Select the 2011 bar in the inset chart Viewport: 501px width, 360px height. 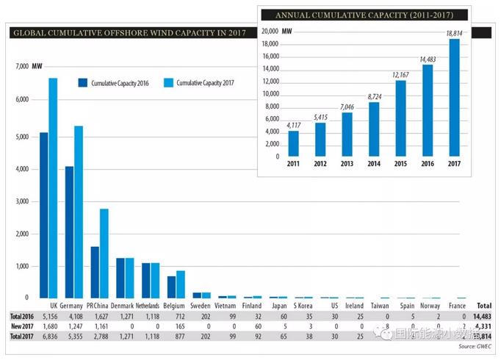click(293, 144)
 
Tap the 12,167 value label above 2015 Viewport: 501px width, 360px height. click(400, 74)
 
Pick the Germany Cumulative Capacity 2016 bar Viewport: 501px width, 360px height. click(69, 231)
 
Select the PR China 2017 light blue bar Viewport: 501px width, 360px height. click(104, 253)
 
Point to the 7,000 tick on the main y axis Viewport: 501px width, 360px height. click(21, 67)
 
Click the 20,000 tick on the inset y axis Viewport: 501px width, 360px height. click(270, 32)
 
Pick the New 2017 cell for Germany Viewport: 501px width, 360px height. click(75, 325)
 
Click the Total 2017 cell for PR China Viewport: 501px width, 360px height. click(101, 335)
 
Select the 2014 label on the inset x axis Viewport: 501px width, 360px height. click(373, 163)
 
